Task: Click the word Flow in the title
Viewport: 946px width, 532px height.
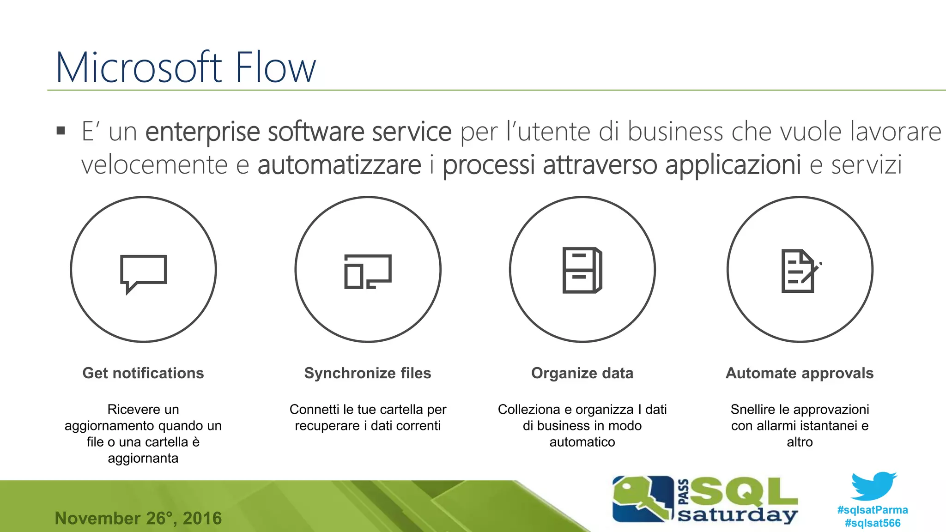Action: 275,67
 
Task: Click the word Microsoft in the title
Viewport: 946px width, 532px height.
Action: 139,67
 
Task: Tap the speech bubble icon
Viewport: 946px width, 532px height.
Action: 143,273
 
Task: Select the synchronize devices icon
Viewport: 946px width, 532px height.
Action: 368,272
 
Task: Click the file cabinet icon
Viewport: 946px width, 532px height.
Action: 582,270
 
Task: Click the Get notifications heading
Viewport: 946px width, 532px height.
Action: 143,373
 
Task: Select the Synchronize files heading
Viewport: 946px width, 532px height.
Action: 368,373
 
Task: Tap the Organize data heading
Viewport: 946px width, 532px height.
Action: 582,373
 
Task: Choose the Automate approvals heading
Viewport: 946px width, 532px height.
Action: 800,373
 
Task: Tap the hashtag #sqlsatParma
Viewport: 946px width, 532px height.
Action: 873,510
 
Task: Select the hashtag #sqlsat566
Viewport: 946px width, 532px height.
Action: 873,523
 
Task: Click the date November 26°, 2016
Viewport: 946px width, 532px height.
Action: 138,518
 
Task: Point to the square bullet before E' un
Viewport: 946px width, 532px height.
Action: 61,131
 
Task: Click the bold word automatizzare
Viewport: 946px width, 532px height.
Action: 340,165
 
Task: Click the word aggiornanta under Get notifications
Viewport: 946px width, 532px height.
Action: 143,458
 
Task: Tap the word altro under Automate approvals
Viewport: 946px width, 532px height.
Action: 800,442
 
